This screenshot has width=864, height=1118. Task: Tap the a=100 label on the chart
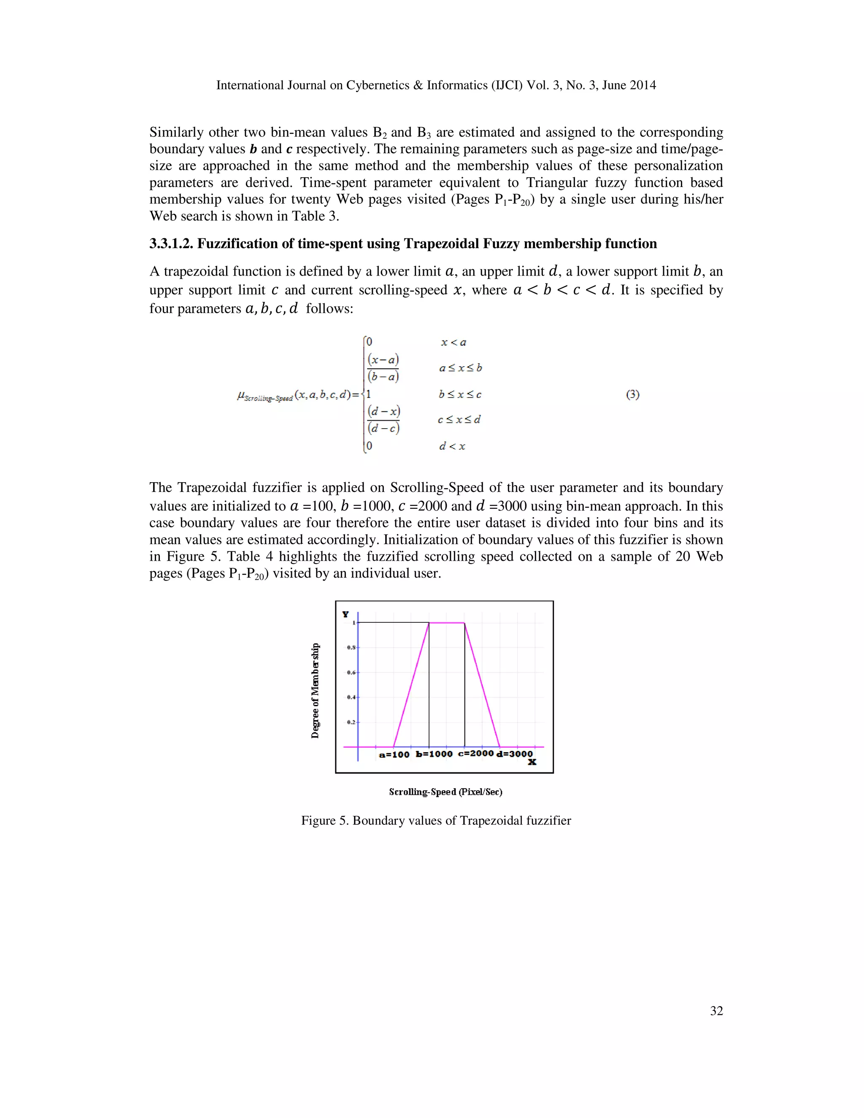tap(394, 755)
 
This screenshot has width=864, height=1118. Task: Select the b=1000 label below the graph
tap(434, 754)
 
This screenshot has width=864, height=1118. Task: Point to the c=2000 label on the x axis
tap(475, 753)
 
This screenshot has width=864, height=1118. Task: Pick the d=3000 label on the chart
tap(514, 754)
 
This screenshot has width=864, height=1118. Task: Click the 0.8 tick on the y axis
tap(351, 648)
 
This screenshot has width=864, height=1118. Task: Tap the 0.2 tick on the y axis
tap(351, 722)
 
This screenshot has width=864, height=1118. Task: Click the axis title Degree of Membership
tap(315, 691)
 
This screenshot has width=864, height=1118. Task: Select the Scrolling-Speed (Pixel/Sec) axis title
tap(445, 792)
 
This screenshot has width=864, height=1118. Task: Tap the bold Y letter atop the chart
tap(346, 614)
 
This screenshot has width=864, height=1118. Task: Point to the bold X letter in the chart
tap(532, 762)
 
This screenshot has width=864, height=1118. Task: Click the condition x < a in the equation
tap(454, 343)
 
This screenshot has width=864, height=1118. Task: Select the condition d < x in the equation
tap(452, 446)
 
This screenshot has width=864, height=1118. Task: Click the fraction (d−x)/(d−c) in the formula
tap(383, 419)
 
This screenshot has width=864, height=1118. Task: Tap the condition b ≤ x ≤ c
tap(460, 395)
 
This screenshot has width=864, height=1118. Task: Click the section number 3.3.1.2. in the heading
tap(171, 244)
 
